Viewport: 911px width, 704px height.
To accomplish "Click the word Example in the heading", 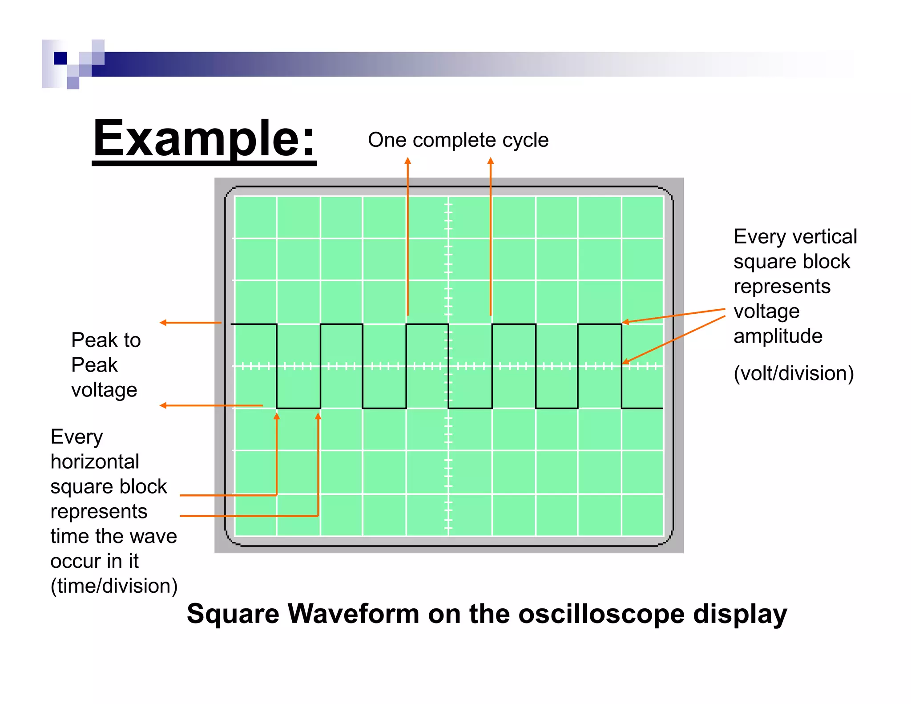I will click(196, 139).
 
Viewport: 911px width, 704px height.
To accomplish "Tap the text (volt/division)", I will click(794, 373).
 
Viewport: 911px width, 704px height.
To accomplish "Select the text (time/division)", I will click(114, 586).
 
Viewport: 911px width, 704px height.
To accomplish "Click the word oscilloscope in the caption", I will click(601, 615).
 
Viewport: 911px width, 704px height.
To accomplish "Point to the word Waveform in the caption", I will click(354, 614).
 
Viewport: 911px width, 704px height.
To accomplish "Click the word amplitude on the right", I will click(778, 336).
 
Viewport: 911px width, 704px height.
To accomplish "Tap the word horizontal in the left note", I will click(95, 462).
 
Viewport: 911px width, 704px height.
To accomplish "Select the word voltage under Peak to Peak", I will click(104, 390).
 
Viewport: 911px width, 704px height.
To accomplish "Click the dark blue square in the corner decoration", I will click(60, 58).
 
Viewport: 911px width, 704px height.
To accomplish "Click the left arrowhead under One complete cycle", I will click(407, 161).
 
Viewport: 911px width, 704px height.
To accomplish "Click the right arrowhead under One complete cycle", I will click(491, 161).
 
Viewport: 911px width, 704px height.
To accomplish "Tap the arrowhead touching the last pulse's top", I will click(625, 322).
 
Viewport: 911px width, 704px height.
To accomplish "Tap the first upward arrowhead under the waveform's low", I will click(277, 416).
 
